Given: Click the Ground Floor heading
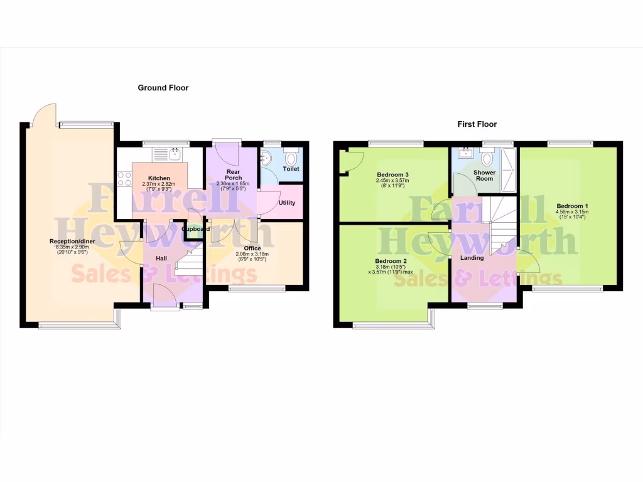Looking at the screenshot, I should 163,88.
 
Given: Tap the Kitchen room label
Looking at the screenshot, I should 159,178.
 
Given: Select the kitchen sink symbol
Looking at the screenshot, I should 167,154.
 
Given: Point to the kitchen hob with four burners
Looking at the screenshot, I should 124,178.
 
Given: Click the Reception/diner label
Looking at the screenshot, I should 73,240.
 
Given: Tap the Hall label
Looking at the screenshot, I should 161,258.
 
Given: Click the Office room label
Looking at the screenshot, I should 252,249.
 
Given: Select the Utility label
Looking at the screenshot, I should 286,203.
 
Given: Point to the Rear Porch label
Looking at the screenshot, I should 233,174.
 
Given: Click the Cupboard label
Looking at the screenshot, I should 196,229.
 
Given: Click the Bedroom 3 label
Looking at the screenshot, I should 393,174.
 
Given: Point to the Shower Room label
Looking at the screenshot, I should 484,175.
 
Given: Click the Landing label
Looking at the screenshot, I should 472,258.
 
